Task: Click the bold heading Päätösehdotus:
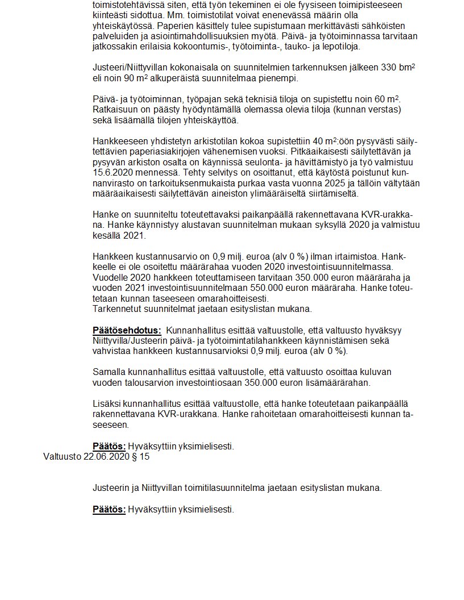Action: coord(127,330)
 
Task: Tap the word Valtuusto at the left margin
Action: coord(62,456)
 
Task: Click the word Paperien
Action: coord(175,26)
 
